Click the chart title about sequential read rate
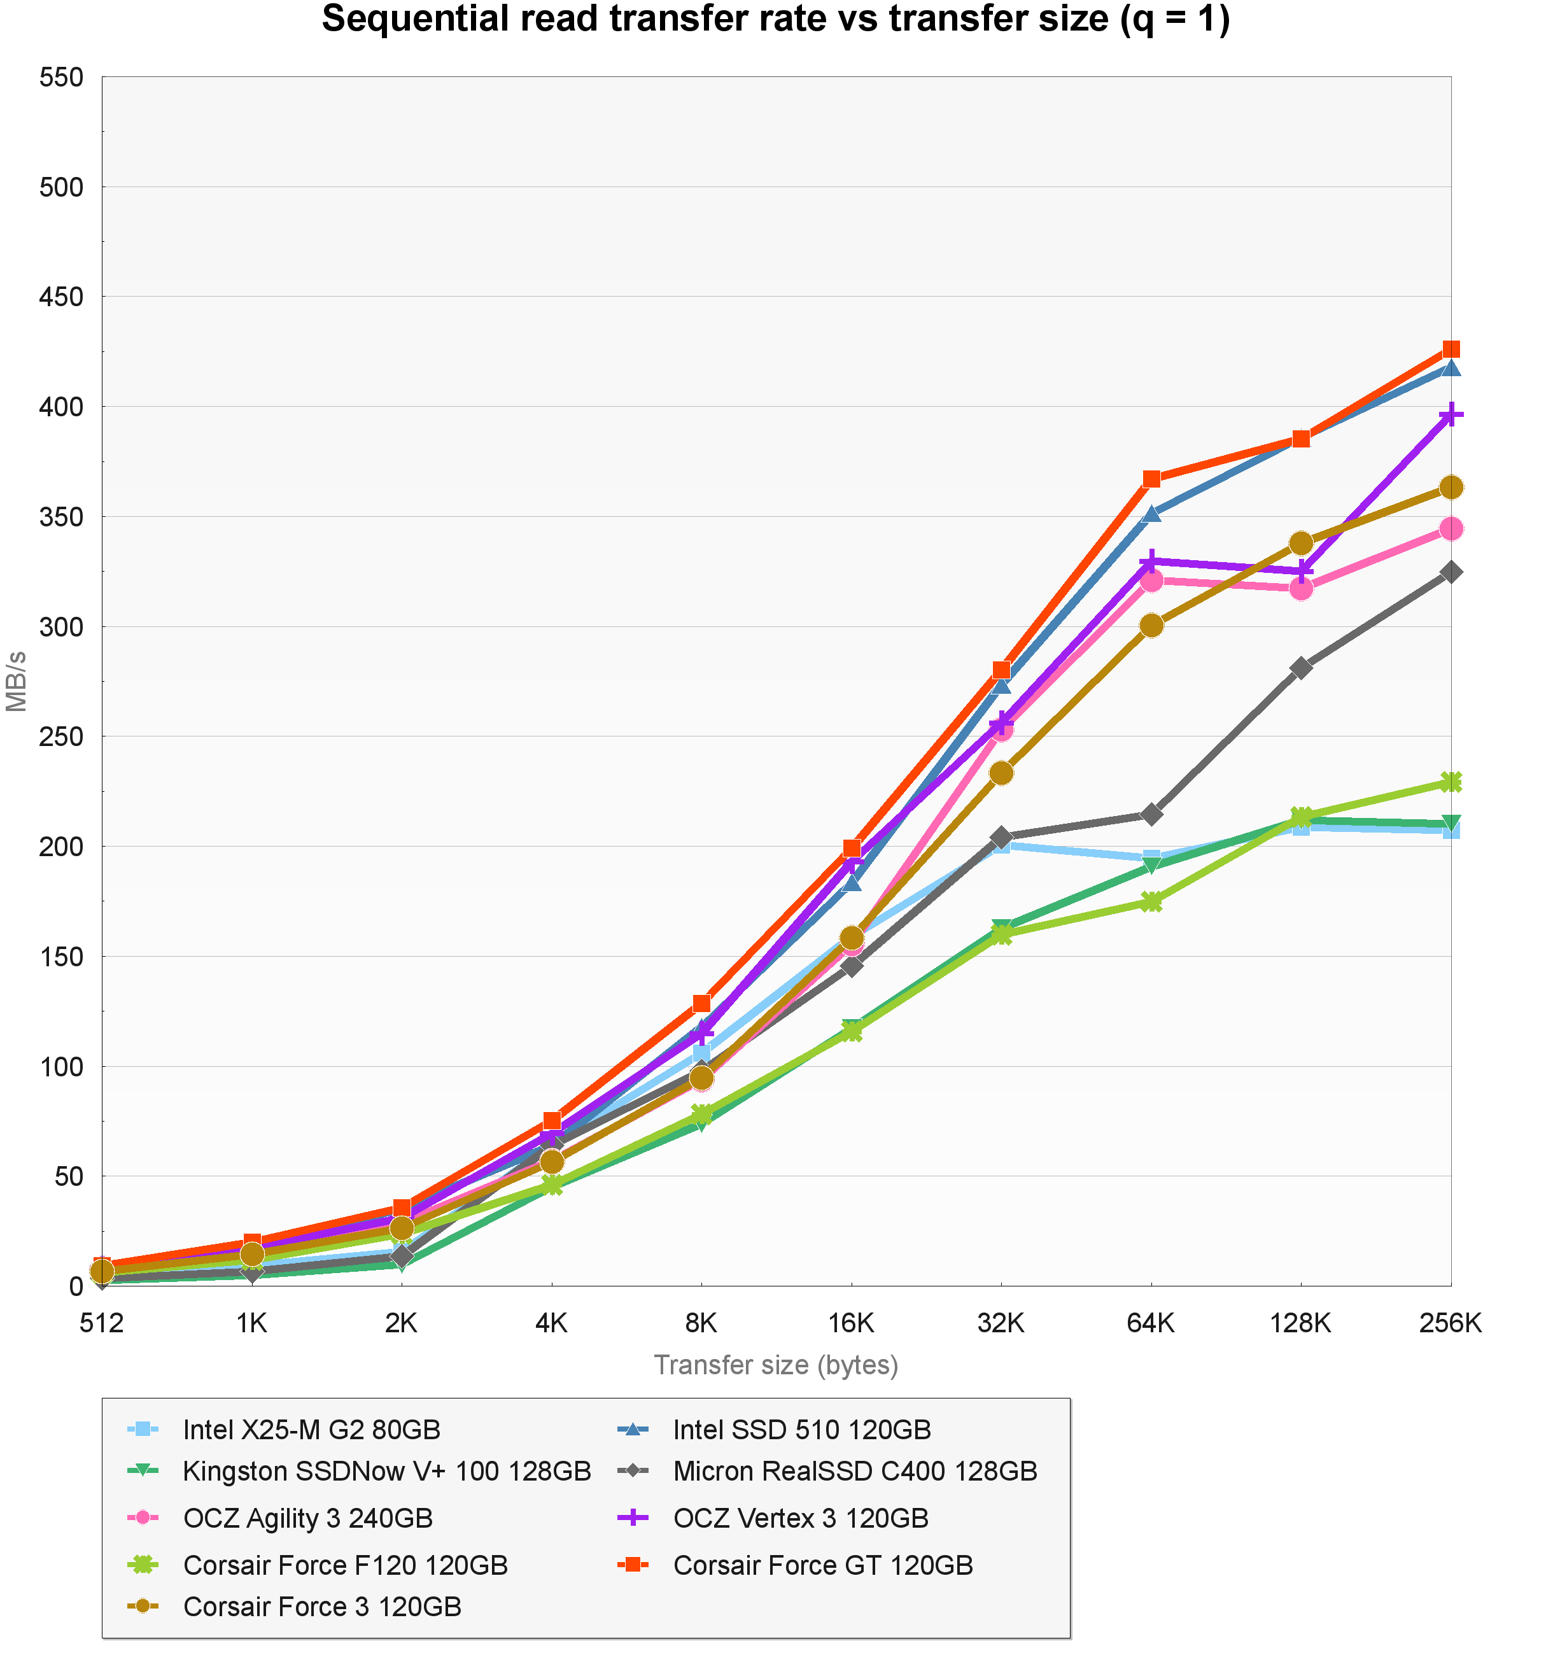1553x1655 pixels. [x=776, y=20]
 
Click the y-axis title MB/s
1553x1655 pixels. [x=17, y=682]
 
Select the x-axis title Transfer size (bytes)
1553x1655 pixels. [x=776, y=1365]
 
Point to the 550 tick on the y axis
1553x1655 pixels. [x=62, y=78]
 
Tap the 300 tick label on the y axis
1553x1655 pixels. [x=62, y=627]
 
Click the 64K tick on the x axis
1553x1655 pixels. [x=1151, y=1323]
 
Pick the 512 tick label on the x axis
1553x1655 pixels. [x=102, y=1323]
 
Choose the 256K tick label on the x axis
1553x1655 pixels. [x=1451, y=1323]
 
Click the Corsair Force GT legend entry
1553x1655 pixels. [x=822, y=1565]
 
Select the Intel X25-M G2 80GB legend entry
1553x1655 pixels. [x=311, y=1430]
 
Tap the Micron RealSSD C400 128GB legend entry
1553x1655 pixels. [x=855, y=1471]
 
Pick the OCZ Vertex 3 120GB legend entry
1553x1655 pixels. [x=801, y=1518]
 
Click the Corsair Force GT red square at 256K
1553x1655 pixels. [x=1451, y=349]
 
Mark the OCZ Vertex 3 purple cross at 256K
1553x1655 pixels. [x=1451, y=414]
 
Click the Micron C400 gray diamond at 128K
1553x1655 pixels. [x=1301, y=668]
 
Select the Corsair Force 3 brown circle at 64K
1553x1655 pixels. [x=1151, y=625]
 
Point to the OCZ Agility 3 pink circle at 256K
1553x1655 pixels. [x=1451, y=528]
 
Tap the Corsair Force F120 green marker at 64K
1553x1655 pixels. [x=1151, y=901]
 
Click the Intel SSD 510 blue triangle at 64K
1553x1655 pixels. [x=1151, y=514]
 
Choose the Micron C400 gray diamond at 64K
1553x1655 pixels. [x=1151, y=814]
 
